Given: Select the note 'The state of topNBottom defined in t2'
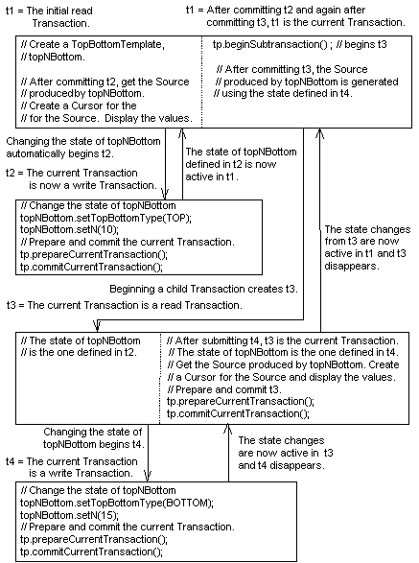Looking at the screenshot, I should tap(237, 157).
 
